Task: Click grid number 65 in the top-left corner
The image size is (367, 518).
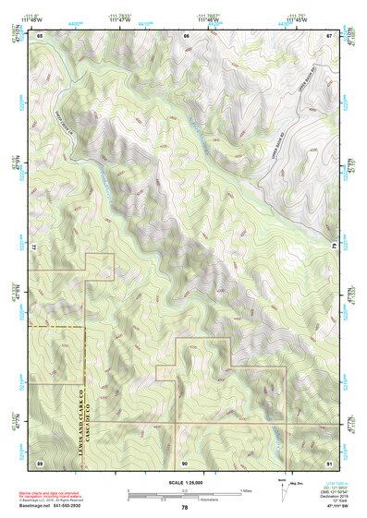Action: tap(40, 35)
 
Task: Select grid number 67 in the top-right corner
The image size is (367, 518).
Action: tap(330, 35)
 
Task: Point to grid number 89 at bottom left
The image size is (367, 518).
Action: tap(40, 462)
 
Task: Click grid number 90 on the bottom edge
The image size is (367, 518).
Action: tap(185, 462)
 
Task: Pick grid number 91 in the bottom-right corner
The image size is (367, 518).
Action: tap(330, 462)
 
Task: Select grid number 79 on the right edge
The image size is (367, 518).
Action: tap(334, 248)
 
